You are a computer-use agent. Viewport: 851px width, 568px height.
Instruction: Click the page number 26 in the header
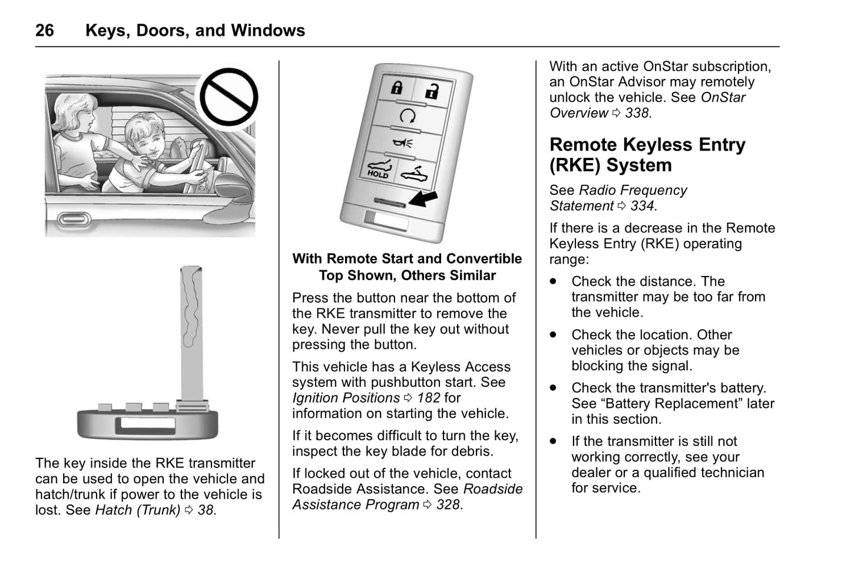(45, 31)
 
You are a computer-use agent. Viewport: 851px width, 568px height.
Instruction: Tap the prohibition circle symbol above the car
(229, 97)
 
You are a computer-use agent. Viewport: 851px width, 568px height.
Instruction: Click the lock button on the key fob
(396, 88)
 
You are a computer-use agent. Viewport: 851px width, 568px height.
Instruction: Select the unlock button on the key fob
(433, 91)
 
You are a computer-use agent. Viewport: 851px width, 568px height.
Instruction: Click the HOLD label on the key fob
(378, 174)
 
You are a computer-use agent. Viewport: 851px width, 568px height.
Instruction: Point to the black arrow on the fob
(423, 198)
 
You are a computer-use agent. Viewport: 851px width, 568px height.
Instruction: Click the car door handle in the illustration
(74, 220)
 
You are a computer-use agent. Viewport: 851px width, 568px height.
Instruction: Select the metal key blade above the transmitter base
(191, 330)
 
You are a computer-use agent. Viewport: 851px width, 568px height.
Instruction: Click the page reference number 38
(206, 510)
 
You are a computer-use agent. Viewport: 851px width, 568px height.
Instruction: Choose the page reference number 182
(428, 398)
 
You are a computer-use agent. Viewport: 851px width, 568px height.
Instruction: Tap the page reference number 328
(448, 505)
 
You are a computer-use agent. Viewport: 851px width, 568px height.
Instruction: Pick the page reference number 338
(637, 113)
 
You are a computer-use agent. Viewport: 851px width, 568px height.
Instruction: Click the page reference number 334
(642, 206)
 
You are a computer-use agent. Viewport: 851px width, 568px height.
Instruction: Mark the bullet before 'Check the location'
(553, 334)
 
